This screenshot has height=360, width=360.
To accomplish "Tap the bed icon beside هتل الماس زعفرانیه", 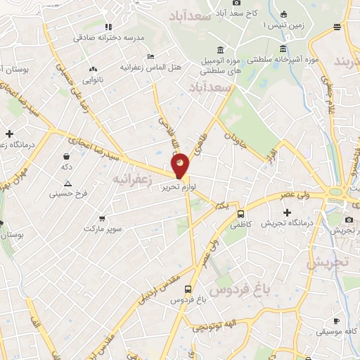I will point(150,57).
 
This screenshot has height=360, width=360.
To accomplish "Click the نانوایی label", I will point(91,79).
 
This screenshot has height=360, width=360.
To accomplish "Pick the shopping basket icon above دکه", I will point(66,156).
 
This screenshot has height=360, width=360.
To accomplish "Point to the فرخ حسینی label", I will point(71,192).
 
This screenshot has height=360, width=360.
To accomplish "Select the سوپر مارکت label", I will point(103,229).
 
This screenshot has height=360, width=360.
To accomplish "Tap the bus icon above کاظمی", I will point(241,214).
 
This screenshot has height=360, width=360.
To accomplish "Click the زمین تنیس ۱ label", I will point(275,25).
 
